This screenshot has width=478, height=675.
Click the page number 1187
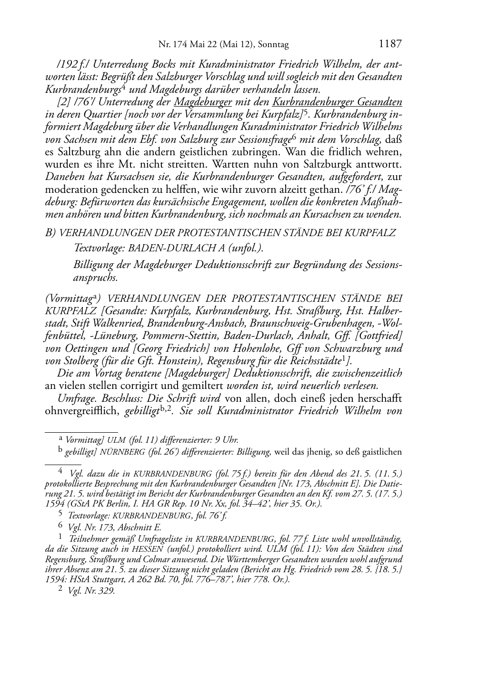390,44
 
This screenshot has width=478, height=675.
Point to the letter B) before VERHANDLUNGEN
50,233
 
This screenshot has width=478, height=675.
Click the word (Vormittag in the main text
64,299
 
